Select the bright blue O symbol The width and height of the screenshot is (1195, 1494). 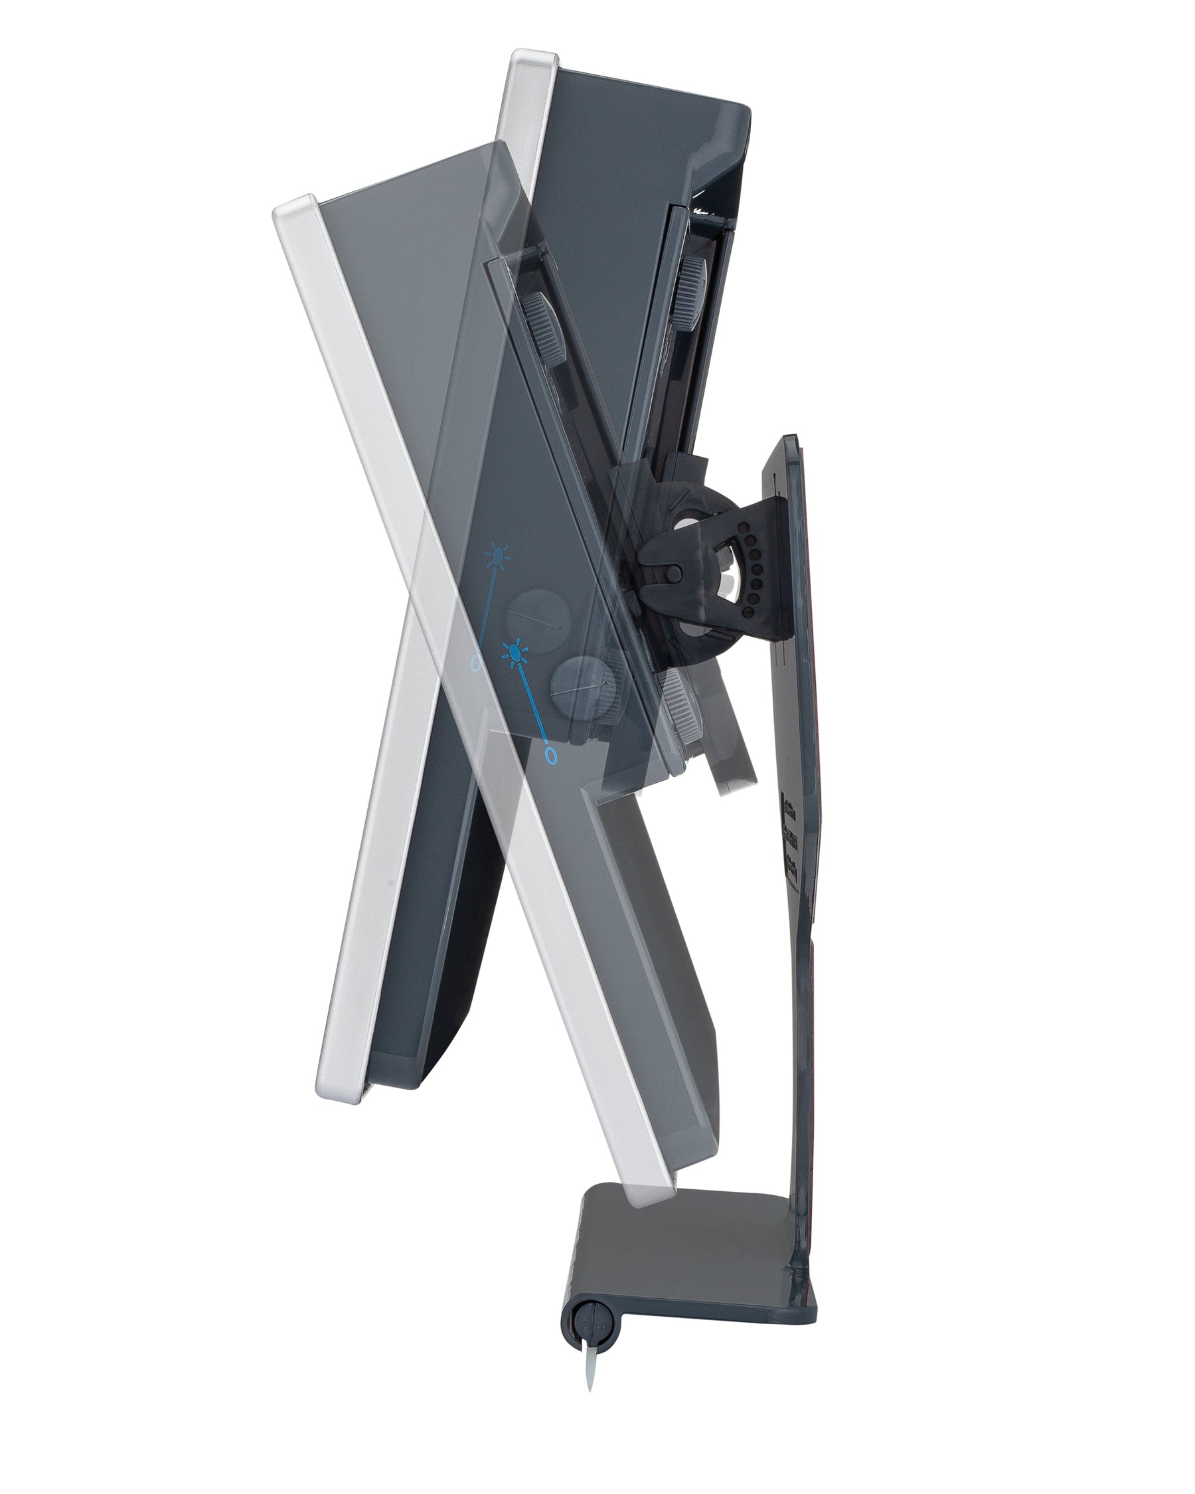552,756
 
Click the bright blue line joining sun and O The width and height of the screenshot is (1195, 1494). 532,703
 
